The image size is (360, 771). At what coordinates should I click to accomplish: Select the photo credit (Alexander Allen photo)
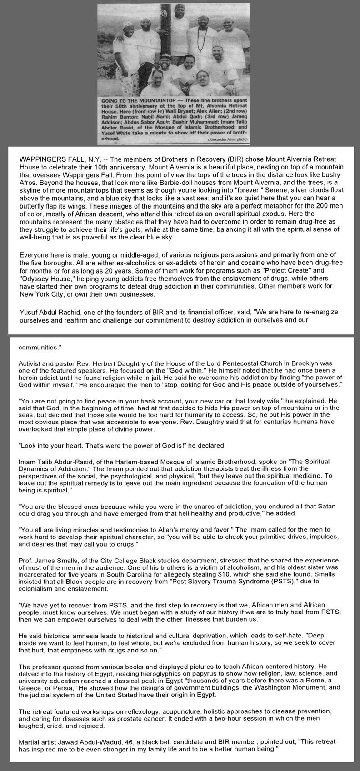click(x=228, y=139)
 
